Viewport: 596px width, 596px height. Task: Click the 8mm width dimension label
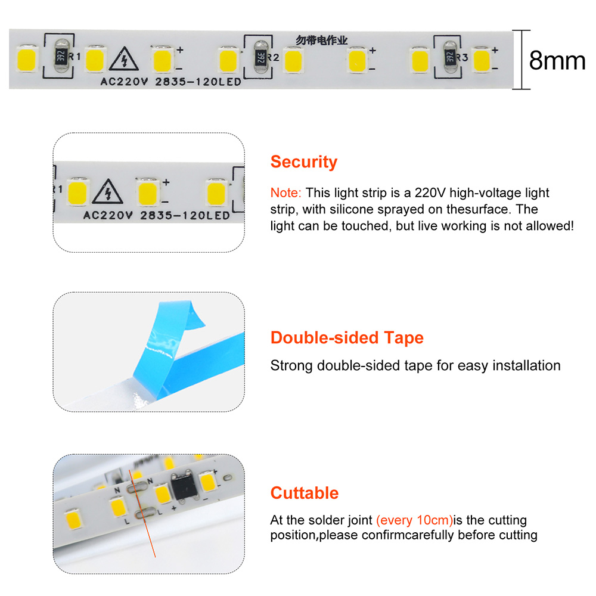coord(557,60)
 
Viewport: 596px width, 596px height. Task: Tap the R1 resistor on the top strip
coord(61,56)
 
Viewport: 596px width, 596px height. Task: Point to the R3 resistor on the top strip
coord(449,57)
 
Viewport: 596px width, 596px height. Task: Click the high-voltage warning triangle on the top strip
coord(123,59)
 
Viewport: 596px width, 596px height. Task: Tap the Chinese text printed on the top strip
coord(322,40)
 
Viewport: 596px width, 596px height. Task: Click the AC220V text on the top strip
coord(124,82)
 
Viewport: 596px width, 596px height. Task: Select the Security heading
coord(304,162)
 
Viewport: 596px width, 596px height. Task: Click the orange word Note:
coord(285,193)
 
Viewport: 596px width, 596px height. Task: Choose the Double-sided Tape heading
coord(347,337)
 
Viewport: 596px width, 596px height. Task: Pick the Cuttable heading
coord(304,493)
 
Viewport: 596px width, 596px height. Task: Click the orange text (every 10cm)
coord(414,520)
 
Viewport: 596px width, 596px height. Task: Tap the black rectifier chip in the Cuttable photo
coord(184,485)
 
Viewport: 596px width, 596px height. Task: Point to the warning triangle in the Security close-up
coord(107,191)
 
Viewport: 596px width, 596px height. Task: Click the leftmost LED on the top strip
coord(27,59)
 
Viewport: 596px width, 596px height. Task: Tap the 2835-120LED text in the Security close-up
coord(185,216)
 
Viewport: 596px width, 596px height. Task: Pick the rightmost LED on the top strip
coord(482,60)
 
